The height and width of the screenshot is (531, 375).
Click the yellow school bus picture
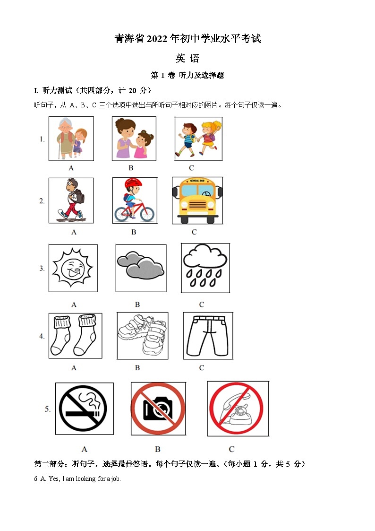(x=197, y=200)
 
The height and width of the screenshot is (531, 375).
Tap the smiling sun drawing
(x=73, y=268)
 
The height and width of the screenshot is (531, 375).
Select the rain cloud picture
(x=205, y=268)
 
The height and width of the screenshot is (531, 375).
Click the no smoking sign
(x=84, y=409)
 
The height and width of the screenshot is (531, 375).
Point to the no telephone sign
(x=238, y=409)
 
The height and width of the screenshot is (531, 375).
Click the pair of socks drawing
(x=75, y=335)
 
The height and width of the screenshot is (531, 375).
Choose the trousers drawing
(x=207, y=335)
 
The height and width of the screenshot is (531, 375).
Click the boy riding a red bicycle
(x=134, y=200)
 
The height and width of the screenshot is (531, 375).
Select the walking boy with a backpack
(x=71, y=200)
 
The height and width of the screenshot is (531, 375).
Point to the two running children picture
(x=198, y=138)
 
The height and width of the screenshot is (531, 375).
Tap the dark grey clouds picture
(x=140, y=268)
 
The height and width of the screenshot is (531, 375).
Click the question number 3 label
(x=42, y=269)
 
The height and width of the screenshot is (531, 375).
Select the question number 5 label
(x=48, y=409)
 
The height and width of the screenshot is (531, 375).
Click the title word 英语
(x=187, y=59)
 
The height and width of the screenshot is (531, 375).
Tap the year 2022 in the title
(x=156, y=39)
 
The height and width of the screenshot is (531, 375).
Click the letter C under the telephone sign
(x=231, y=449)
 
